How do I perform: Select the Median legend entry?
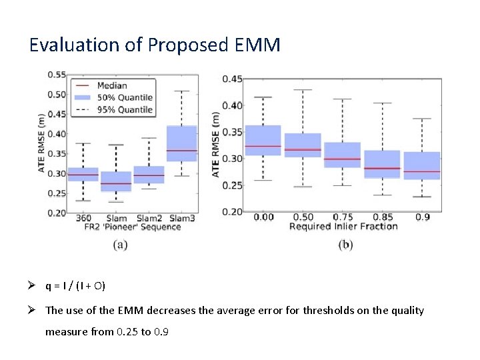tap(111, 85)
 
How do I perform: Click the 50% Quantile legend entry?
tap(124, 97)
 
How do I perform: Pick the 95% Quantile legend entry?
tap(124, 109)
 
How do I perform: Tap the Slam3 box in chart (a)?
tap(181, 143)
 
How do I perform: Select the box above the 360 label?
tap(83, 174)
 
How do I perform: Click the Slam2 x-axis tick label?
tap(149, 218)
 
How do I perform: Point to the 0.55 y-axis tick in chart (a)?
tap(56, 75)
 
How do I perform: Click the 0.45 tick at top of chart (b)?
tap(232, 79)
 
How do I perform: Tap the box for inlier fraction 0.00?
tap(263, 140)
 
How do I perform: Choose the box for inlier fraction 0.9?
tap(422, 166)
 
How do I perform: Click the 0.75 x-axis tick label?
tap(343, 217)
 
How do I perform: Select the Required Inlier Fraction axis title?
tap(343, 226)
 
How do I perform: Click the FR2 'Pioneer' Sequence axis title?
tap(132, 227)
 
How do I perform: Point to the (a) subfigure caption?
tap(121, 245)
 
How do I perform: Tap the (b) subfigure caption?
tap(345, 245)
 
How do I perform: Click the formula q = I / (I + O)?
tap(75, 286)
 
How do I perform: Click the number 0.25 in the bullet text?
tap(125, 331)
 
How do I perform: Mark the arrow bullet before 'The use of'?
tap(33, 310)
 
